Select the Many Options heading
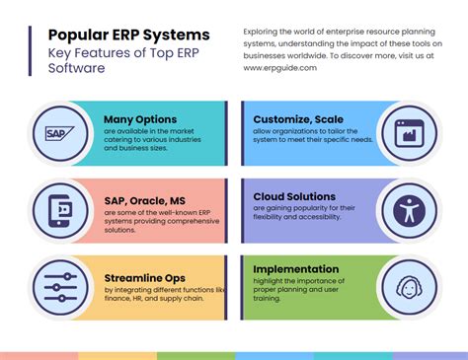click(x=140, y=120)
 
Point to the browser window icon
click(x=407, y=132)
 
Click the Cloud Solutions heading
click(x=294, y=197)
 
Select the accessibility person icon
click(x=407, y=209)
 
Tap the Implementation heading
click(x=297, y=268)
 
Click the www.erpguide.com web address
click(x=280, y=68)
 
